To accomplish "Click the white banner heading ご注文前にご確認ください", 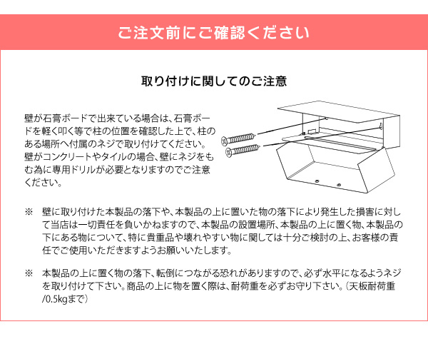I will point(213,34).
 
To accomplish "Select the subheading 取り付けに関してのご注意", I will point(214,81).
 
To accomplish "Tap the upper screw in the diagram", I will point(239,136).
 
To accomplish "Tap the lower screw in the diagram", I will point(243,149).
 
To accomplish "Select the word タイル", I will point(118,156).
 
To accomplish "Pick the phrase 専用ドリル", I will point(79,169).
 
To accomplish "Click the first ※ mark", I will point(29,212).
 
